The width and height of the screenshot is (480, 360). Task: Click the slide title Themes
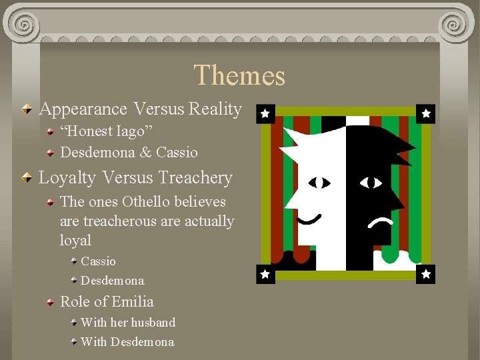(239, 75)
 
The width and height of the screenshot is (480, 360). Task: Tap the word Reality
(215, 109)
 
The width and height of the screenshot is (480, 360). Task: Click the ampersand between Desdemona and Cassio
(145, 153)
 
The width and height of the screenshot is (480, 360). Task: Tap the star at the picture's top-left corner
(265, 114)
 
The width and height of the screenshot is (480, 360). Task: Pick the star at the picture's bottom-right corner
(426, 274)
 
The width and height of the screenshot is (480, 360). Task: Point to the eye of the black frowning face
(371, 182)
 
